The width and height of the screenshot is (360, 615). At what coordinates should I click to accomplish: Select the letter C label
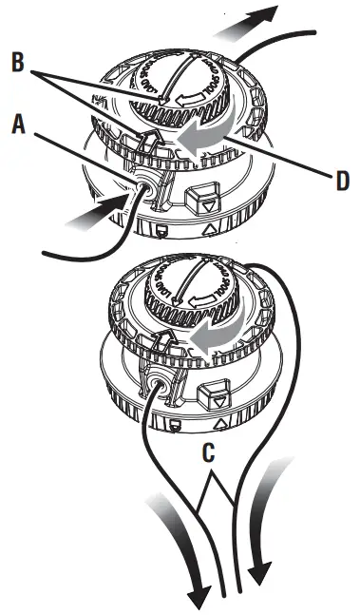(x=212, y=453)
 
